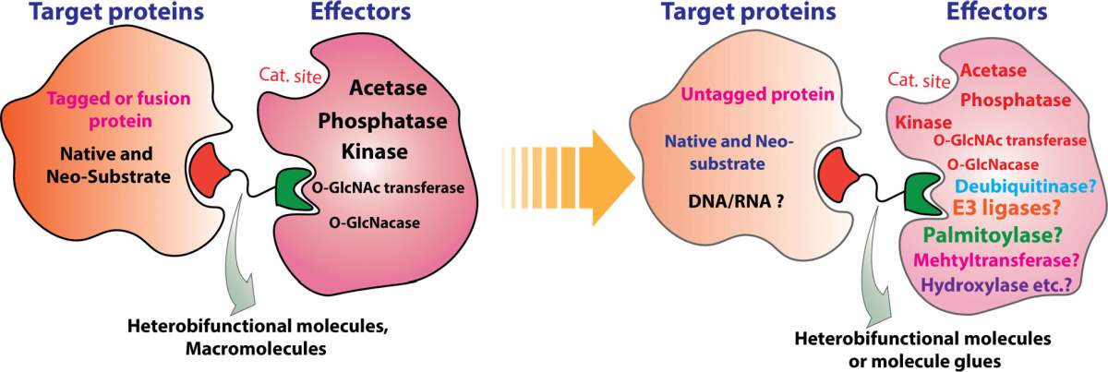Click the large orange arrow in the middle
pos(569,178)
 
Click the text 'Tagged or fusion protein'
pos(119,110)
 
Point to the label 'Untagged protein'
pos(757,94)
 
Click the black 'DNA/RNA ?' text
pos(736,201)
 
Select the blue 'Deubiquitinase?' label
pos(1026,186)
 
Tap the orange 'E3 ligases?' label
pos(1006,209)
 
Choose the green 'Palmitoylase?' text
pos(993,235)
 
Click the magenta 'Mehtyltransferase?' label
pos(995,260)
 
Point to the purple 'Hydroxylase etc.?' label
pos(996,285)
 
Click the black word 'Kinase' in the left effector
pos(375,151)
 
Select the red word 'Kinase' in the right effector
pos(923,122)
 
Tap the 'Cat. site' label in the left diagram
pos(290,76)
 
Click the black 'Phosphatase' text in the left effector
pos(382,121)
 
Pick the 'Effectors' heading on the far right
pos(996,12)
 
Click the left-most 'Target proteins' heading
pos(116,12)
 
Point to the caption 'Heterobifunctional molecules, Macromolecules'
pos(258,337)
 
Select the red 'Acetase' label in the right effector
pos(994,71)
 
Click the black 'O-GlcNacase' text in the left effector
pos(375,222)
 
